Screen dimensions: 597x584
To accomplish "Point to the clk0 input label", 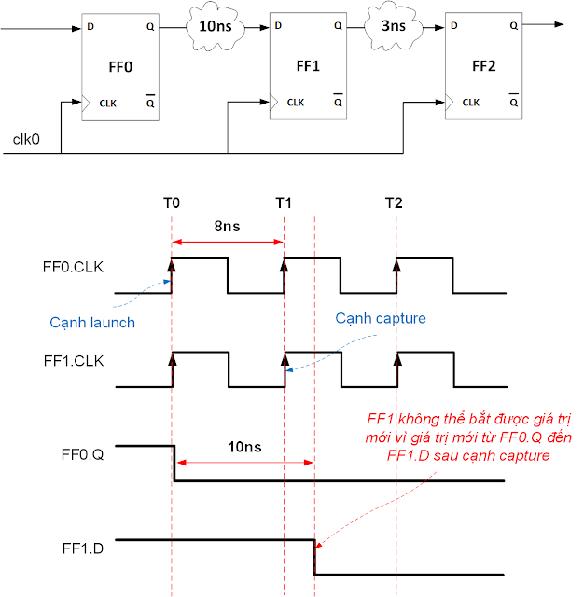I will pyautogui.click(x=25, y=140).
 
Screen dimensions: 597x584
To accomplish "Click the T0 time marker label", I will pyautogui.click(x=172, y=202).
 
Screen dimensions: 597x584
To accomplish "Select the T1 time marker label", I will pyautogui.click(x=284, y=202).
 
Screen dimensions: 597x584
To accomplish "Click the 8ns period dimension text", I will pyautogui.click(x=227, y=227).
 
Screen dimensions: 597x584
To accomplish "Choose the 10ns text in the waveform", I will pyautogui.click(x=245, y=448).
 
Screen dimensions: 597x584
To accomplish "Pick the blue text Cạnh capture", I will pyautogui.click(x=381, y=318).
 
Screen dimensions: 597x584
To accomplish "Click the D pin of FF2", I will pyautogui.click(x=454, y=25).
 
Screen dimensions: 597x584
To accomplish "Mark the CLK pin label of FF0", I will pyautogui.click(x=108, y=103).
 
